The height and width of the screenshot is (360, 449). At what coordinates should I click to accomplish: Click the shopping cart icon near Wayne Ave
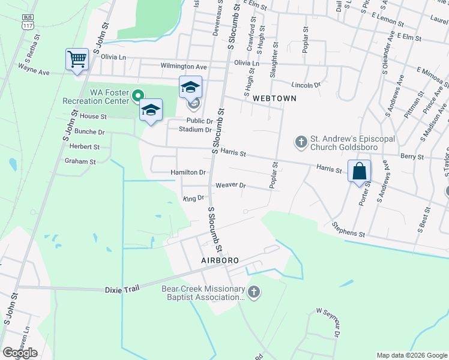(x=76, y=60)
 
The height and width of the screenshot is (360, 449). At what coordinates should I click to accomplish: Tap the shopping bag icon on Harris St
(x=359, y=171)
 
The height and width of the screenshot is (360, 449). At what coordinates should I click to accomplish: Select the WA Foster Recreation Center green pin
(x=138, y=95)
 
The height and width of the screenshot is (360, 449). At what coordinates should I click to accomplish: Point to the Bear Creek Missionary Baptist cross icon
(x=254, y=292)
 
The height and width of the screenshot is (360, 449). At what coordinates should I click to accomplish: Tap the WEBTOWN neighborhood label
(x=274, y=98)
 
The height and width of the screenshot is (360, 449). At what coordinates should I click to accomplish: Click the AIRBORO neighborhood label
(x=220, y=260)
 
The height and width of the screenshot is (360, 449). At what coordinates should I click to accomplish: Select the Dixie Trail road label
(x=122, y=289)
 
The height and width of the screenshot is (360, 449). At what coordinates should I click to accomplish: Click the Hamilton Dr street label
(x=188, y=172)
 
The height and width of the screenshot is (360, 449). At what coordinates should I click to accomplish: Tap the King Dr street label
(x=193, y=197)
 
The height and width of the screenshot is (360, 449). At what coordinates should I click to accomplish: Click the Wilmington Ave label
(x=183, y=67)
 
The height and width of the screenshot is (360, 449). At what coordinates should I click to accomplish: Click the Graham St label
(x=80, y=161)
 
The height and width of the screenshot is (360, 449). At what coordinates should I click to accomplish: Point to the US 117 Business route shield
(x=26, y=22)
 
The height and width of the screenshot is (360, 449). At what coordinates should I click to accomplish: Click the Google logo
(x=20, y=353)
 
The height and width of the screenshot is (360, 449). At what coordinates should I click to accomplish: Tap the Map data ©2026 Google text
(x=412, y=355)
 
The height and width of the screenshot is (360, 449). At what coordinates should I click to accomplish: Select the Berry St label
(x=412, y=156)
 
